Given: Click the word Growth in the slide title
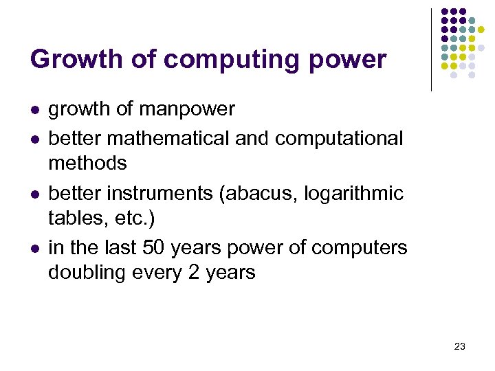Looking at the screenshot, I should tap(64, 60).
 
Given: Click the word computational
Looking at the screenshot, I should tap(339, 138).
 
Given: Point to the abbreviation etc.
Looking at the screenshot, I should tap(120, 218).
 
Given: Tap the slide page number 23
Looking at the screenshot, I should tap(460, 346).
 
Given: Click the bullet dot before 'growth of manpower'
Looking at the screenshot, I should tap(34, 110).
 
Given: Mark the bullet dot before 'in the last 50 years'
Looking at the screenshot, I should tap(34, 248).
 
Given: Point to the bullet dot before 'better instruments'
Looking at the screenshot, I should tap(34, 194).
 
